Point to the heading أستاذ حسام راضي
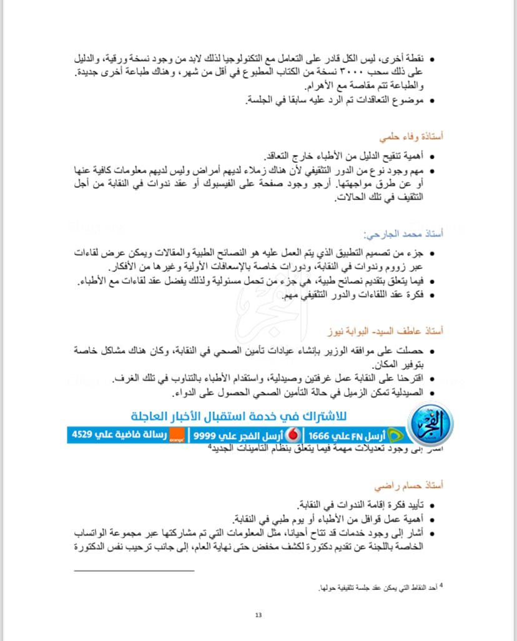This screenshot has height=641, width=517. pos(409,484)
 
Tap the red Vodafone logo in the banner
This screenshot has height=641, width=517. pos(293,435)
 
